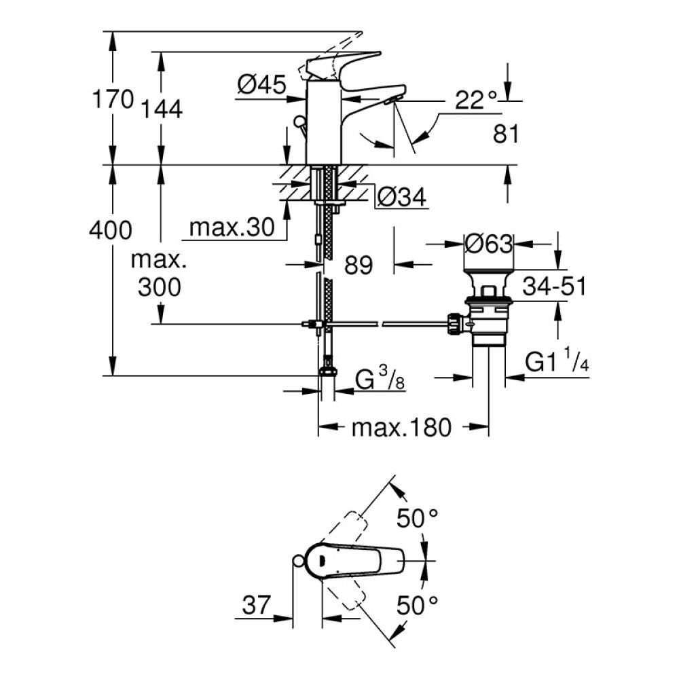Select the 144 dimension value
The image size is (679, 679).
(162, 108)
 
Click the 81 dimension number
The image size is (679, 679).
(506, 134)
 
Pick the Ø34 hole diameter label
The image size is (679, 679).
(401, 198)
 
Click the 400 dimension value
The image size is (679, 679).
(110, 231)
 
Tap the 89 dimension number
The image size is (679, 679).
(358, 265)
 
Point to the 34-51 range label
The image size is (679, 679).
(554, 287)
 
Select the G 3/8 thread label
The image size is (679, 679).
(381, 378)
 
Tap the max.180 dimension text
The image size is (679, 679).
(401, 428)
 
